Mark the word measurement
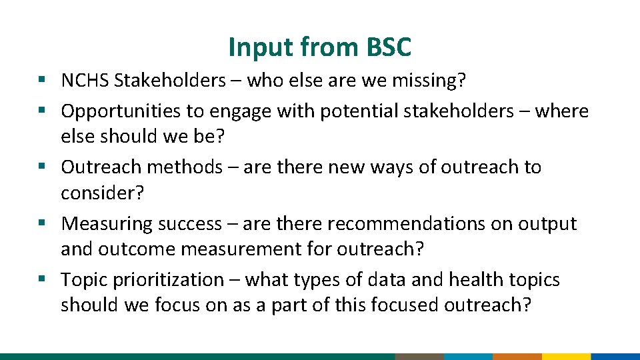(243, 249)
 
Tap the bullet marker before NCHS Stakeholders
(41, 81)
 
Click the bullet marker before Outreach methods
(41, 167)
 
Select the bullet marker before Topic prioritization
(41, 279)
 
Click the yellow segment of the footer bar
(566, 356)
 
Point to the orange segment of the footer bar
(517, 356)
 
